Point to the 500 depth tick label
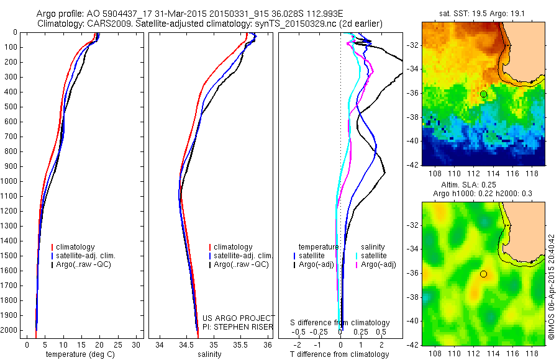pos(11,107)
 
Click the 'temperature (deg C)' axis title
pos(80,354)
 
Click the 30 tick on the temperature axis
pos(137,344)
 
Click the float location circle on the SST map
pos(483,94)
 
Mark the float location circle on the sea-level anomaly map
pos(483,274)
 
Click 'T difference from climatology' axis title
pos(341,354)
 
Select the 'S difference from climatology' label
pos(340,323)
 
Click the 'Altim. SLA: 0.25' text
pos(483,186)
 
